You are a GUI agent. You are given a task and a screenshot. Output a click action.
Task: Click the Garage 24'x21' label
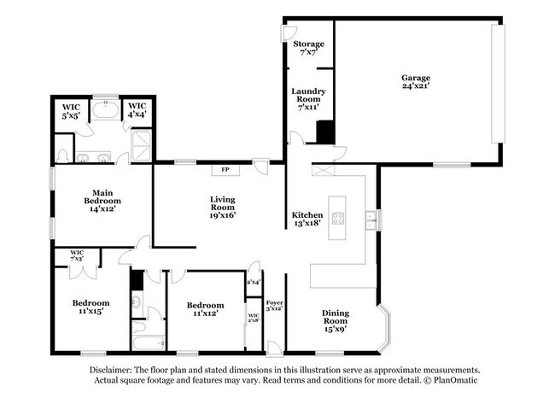pyautogui.click(x=416, y=81)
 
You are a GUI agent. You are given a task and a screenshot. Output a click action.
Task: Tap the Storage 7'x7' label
pyautogui.click(x=308, y=48)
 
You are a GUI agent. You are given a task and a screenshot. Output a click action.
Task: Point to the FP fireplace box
pyautogui.click(x=225, y=169)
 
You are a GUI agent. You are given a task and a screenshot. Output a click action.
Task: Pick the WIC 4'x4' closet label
pyautogui.click(x=137, y=111)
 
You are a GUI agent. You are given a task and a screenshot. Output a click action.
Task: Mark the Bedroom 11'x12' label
pyautogui.click(x=205, y=309)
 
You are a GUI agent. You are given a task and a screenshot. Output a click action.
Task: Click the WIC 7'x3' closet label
pyautogui.click(x=77, y=255)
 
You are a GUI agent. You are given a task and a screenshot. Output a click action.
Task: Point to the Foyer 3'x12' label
pyautogui.click(x=274, y=306)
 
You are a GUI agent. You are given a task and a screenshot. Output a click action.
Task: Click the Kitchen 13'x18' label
pyautogui.click(x=307, y=219)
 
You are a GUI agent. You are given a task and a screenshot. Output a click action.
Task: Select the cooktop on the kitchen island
pyautogui.click(x=338, y=218)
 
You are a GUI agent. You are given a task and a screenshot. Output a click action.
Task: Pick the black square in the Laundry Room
pyautogui.click(x=324, y=132)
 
